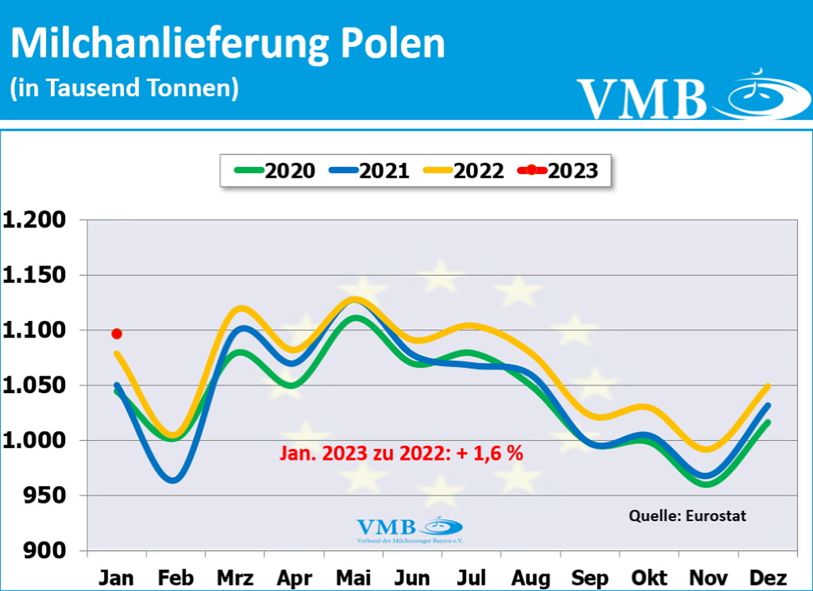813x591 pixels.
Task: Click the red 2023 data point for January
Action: point(117,334)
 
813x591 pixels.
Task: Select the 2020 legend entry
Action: point(275,171)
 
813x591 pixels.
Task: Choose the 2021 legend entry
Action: point(370,171)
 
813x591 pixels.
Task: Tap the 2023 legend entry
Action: point(558,171)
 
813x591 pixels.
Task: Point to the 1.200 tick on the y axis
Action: point(34,220)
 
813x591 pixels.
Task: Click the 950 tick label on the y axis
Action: point(44,496)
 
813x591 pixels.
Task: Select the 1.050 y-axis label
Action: point(34,386)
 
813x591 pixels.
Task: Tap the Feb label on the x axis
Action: point(176,578)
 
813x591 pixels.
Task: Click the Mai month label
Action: point(353,578)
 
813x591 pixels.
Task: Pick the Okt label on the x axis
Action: point(649,578)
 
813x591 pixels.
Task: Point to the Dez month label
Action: point(768,578)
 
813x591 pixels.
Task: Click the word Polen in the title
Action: point(393,43)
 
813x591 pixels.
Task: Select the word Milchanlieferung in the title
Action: point(170,43)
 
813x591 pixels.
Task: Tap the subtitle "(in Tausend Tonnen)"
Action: point(124,88)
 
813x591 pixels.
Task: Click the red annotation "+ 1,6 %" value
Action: point(490,453)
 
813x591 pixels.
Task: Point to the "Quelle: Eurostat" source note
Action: point(687,516)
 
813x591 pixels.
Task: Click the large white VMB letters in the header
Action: point(642,99)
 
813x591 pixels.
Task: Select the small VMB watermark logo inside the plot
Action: point(409,529)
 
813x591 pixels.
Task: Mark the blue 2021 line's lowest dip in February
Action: point(173,480)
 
